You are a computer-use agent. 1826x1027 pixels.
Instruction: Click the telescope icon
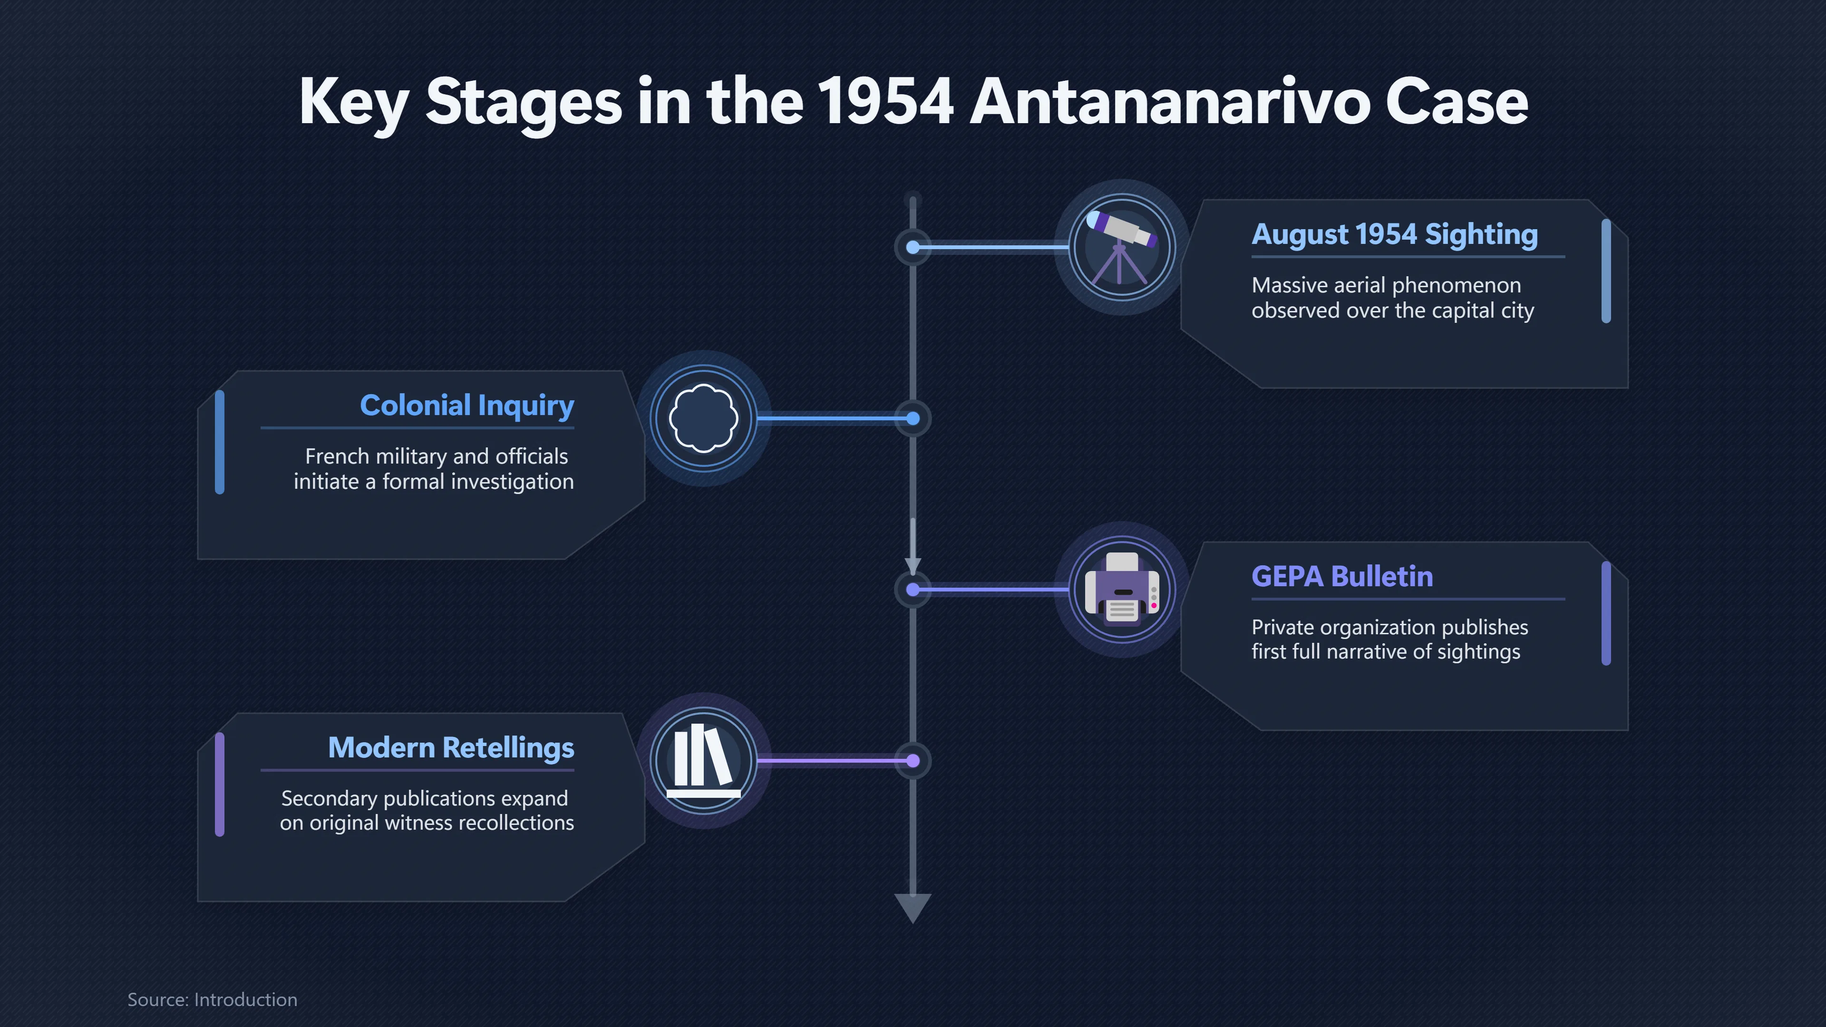tap(1121, 247)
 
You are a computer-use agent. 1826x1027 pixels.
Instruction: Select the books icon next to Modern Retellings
tap(704, 760)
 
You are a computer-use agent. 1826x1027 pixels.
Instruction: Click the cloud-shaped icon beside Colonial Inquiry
tap(704, 418)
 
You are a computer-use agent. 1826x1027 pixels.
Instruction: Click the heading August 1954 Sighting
tap(1394, 234)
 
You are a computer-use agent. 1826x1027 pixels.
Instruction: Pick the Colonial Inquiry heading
tap(467, 406)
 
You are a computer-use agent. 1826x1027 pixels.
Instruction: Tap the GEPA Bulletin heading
tap(1342, 576)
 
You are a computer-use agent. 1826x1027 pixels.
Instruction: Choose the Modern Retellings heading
tap(451, 748)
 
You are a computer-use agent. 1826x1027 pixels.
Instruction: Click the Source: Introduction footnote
tap(212, 999)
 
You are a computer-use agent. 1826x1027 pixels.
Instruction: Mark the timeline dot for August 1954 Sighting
tap(913, 247)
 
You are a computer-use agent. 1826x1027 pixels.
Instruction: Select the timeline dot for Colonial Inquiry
tap(913, 419)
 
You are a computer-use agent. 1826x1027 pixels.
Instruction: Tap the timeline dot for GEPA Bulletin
tap(913, 590)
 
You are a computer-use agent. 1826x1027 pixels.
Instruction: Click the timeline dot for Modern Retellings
tap(913, 761)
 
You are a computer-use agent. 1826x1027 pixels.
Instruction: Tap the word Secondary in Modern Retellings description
tap(329, 799)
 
